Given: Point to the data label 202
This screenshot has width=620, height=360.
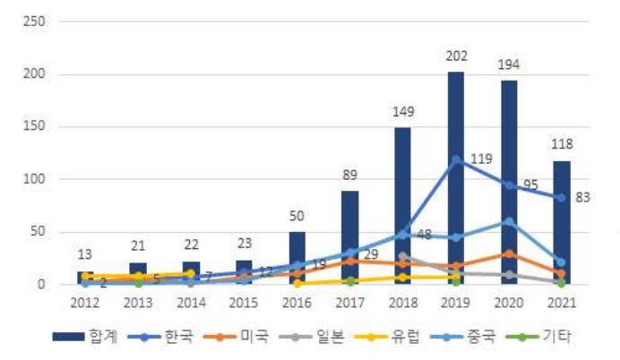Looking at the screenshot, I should click(456, 56).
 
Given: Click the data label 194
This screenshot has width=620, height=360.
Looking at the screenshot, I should click(509, 64).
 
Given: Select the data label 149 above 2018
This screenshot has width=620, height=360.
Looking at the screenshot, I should click(403, 112).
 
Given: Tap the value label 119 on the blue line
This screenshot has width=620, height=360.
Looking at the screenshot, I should click(480, 159).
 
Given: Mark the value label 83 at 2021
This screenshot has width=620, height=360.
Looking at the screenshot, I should click(581, 197).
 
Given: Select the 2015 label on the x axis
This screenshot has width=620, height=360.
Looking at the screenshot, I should click(244, 303).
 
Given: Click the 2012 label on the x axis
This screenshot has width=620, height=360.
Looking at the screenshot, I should click(85, 303).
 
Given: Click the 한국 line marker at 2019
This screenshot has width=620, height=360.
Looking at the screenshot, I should click(456, 159).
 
